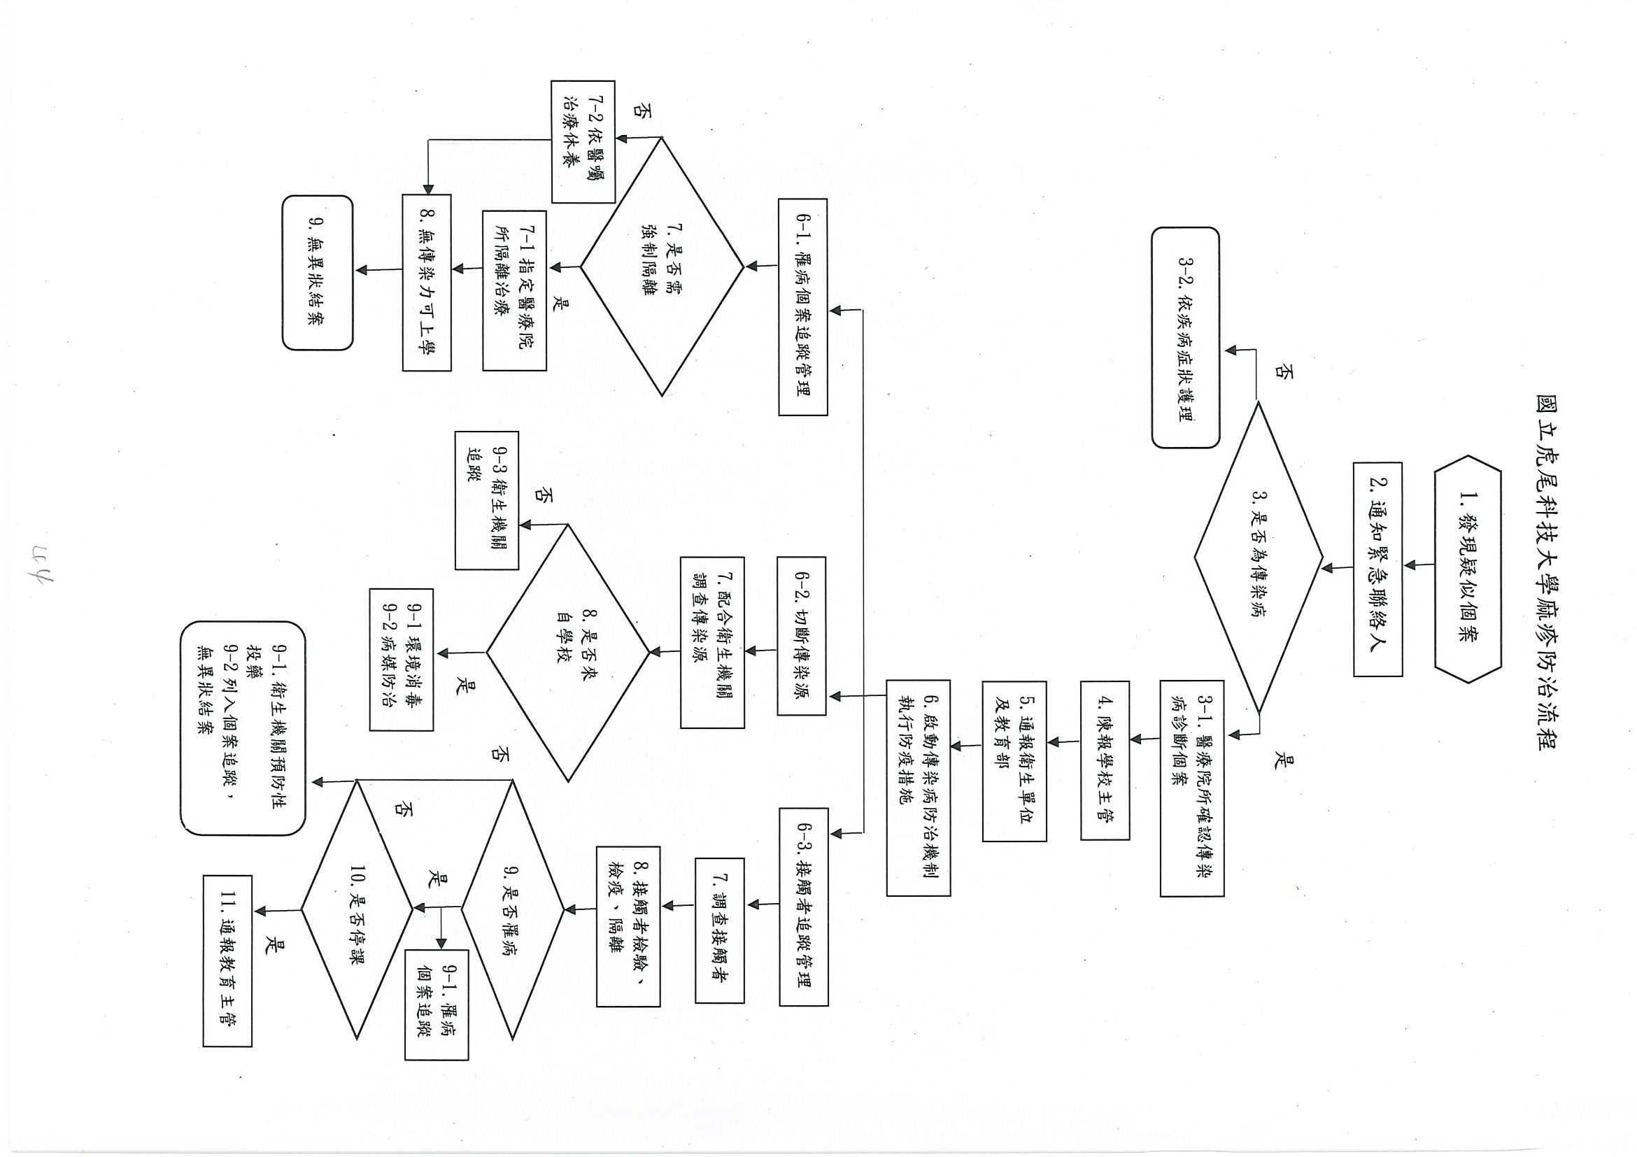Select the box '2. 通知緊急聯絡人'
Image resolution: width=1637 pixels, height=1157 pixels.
pyautogui.click(x=1377, y=569)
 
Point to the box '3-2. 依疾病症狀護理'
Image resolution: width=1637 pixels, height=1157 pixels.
pyautogui.click(x=1185, y=337)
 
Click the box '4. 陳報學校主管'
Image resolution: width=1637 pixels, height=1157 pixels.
pyautogui.click(x=1105, y=760)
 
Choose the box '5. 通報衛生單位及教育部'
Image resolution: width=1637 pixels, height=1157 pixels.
pyautogui.click(x=1014, y=761)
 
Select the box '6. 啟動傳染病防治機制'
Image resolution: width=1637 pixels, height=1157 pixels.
pyautogui.click(x=919, y=787)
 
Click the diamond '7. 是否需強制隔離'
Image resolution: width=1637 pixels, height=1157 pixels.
pyautogui.click(x=662, y=267)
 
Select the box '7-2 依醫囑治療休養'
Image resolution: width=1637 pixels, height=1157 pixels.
pyautogui.click(x=582, y=141)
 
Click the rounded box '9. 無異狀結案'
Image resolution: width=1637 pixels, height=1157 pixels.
pyautogui.click(x=318, y=272)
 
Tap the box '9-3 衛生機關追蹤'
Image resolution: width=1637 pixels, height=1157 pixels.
pyautogui.click(x=487, y=499)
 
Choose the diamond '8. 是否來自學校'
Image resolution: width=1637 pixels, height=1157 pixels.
pyautogui.click(x=568, y=652)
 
